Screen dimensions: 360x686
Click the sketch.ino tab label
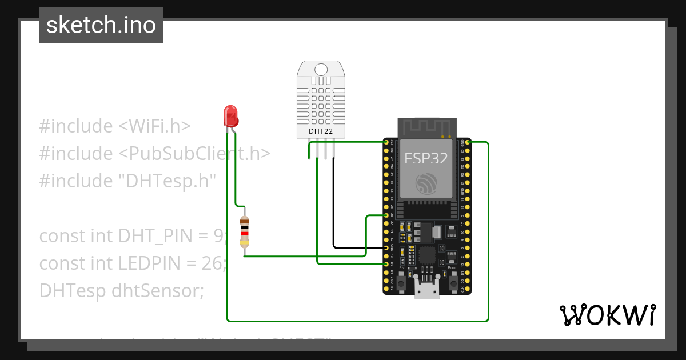pos(101,25)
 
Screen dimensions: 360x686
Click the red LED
pos(231,116)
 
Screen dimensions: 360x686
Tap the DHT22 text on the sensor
pos(321,131)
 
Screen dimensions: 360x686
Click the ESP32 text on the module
pos(426,158)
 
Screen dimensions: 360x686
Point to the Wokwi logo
pos(607,315)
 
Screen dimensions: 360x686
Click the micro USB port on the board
pos(427,291)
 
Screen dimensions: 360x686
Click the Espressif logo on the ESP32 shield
pos(426,182)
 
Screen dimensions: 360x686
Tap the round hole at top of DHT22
pos(321,70)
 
